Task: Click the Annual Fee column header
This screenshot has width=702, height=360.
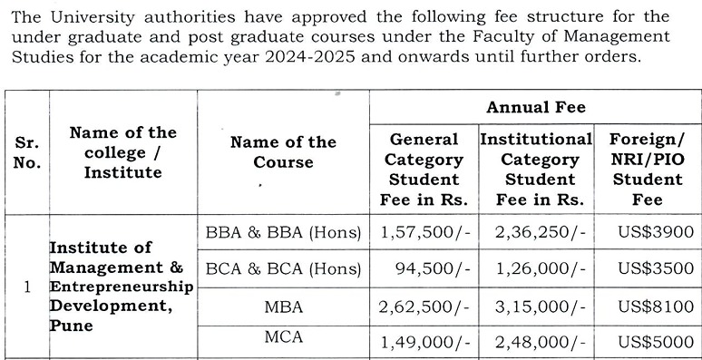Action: tap(535, 108)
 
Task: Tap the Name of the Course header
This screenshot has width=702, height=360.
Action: tap(283, 152)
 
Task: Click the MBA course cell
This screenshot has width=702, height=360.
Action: tap(283, 306)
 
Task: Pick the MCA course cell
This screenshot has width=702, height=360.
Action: tap(283, 337)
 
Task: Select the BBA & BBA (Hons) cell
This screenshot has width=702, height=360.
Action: tap(283, 232)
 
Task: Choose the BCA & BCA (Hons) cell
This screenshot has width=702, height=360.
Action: tap(283, 268)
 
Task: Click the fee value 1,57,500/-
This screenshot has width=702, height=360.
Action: tap(425, 232)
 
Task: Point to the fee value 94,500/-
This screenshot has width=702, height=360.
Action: tap(433, 268)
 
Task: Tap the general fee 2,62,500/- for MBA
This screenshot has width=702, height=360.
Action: tap(425, 306)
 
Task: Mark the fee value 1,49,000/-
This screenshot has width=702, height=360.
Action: tap(425, 342)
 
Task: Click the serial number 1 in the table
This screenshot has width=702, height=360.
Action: tap(27, 287)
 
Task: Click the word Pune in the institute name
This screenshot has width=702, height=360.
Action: tap(71, 325)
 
